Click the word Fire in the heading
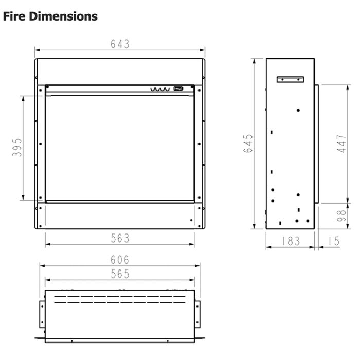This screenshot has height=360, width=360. [14, 16]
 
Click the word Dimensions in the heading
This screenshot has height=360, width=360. [63, 16]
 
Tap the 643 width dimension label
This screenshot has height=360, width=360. [120, 44]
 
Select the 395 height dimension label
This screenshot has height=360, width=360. [17, 148]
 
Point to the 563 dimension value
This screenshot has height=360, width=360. [120, 238]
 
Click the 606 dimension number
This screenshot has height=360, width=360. [120, 260]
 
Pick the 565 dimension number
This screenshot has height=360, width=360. [120, 274]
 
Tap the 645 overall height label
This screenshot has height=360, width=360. [248, 143]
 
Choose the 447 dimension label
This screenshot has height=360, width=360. [341, 143]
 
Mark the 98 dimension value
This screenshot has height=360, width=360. [341, 216]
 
